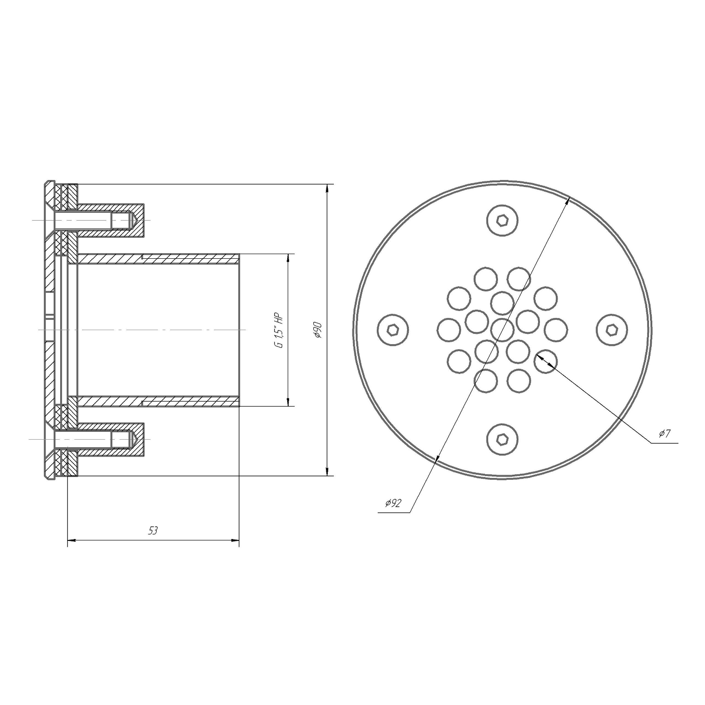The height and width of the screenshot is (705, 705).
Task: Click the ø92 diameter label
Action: (393, 503)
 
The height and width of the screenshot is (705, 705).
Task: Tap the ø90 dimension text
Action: (318, 330)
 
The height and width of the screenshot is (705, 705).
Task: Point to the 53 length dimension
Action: (153, 531)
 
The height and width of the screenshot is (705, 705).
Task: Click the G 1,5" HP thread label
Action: (279, 330)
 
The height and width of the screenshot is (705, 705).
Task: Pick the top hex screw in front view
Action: (502, 220)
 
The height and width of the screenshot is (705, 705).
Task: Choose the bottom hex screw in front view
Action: (502, 439)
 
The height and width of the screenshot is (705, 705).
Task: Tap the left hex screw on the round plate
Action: (393, 330)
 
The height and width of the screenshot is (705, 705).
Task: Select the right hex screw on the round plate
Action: (612, 330)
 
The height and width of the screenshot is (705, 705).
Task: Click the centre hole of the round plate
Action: (502, 329)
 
